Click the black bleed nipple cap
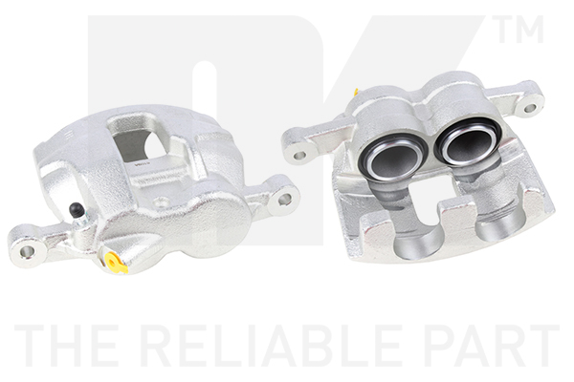(76, 209)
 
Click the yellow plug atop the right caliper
(357, 92)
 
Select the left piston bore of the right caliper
(393, 158)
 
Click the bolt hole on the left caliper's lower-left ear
(27, 251)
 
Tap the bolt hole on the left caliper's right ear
(285, 199)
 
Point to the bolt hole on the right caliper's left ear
(300, 155)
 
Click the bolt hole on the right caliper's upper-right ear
(530, 109)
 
